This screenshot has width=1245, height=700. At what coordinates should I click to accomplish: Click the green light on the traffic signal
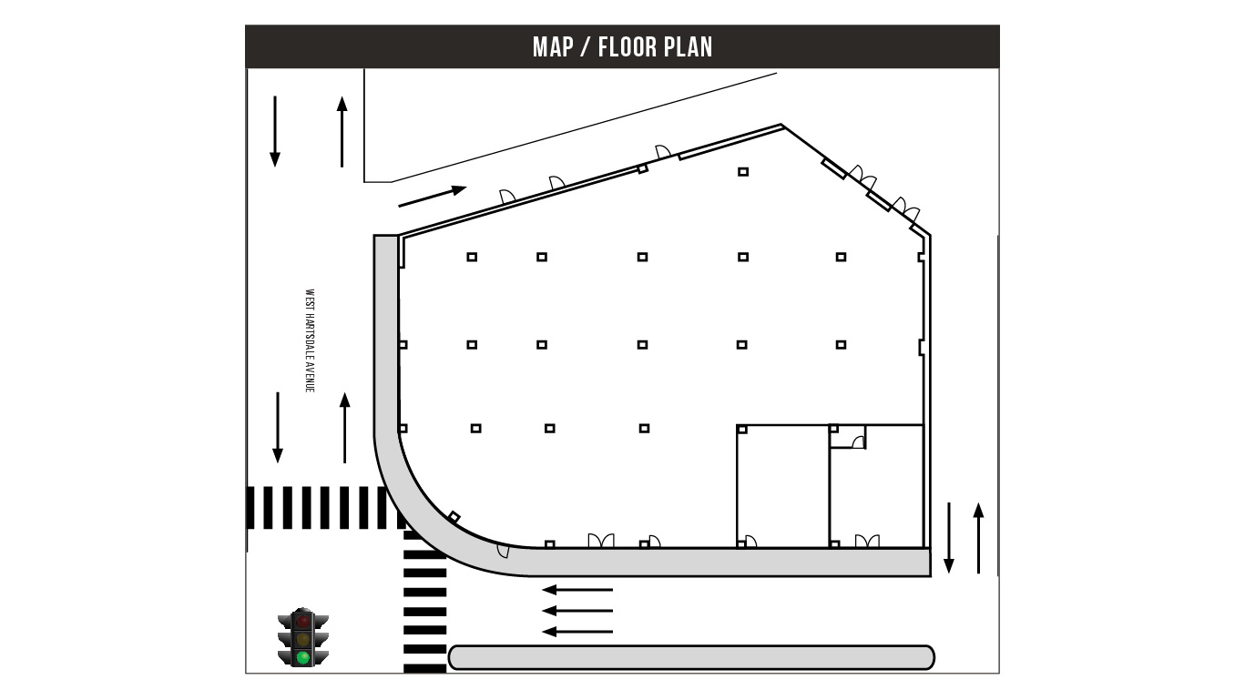click(x=303, y=658)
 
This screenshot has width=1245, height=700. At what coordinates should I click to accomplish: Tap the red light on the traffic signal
click(x=303, y=621)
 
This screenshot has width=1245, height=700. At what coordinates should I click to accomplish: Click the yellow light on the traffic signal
click(x=303, y=639)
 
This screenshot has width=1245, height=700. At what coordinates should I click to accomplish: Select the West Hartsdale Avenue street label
click(x=311, y=340)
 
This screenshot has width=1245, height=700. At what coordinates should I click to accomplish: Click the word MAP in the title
click(x=553, y=47)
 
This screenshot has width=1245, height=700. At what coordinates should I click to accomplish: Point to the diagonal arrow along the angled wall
click(x=433, y=196)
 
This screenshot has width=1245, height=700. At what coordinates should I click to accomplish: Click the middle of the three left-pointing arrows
click(x=577, y=611)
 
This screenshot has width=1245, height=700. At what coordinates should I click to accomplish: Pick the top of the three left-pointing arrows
click(x=577, y=590)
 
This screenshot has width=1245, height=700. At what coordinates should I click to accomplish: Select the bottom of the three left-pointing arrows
click(x=577, y=633)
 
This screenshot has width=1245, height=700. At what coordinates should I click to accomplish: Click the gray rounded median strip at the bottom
click(x=691, y=658)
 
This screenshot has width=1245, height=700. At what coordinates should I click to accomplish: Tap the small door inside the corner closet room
click(x=859, y=442)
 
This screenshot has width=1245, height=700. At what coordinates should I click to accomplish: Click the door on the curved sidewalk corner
click(x=504, y=551)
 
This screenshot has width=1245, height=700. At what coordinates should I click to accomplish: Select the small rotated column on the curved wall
click(x=454, y=518)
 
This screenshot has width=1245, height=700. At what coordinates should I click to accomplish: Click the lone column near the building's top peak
click(x=743, y=172)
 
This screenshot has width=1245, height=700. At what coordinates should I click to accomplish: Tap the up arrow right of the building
click(x=979, y=538)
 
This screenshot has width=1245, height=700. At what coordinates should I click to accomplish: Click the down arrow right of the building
click(x=949, y=538)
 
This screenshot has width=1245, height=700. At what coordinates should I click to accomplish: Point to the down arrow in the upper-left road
click(x=274, y=132)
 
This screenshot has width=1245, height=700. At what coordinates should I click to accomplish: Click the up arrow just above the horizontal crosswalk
click(x=344, y=428)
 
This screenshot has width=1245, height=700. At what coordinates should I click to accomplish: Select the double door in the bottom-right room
click(x=867, y=541)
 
